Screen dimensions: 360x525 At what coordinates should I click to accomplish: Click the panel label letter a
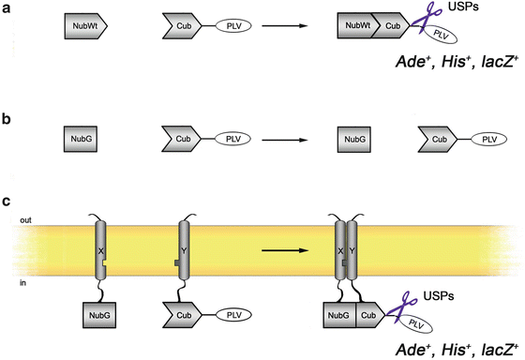[7, 10]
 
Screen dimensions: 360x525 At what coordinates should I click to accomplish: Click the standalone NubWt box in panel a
[87, 26]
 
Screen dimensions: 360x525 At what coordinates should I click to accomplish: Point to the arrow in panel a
[285, 26]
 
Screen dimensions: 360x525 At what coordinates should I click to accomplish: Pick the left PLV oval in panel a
[235, 26]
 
